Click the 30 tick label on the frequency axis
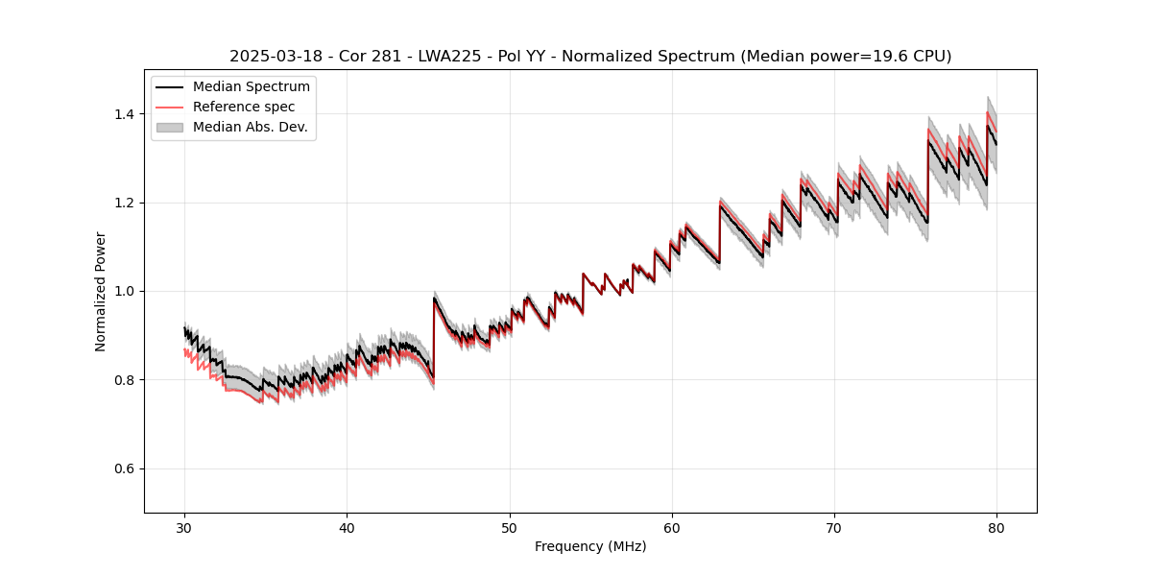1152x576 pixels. click(185, 527)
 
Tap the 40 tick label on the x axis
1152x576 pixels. click(348, 527)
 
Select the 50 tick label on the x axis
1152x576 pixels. click(510, 527)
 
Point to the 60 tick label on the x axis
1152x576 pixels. click(672, 527)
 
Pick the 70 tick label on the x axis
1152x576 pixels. click(834, 527)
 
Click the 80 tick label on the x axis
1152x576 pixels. click(996, 527)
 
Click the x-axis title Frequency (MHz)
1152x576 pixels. click(590, 546)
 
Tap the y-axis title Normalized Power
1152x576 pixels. click(101, 291)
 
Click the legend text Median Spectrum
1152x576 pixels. click(252, 87)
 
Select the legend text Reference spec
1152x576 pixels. click(244, 107)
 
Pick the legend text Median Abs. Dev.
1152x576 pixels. click(251, 127)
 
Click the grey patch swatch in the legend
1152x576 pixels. click(170, 127)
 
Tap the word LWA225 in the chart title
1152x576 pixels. click(435, 57)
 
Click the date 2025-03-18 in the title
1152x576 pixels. click(270, 57)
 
